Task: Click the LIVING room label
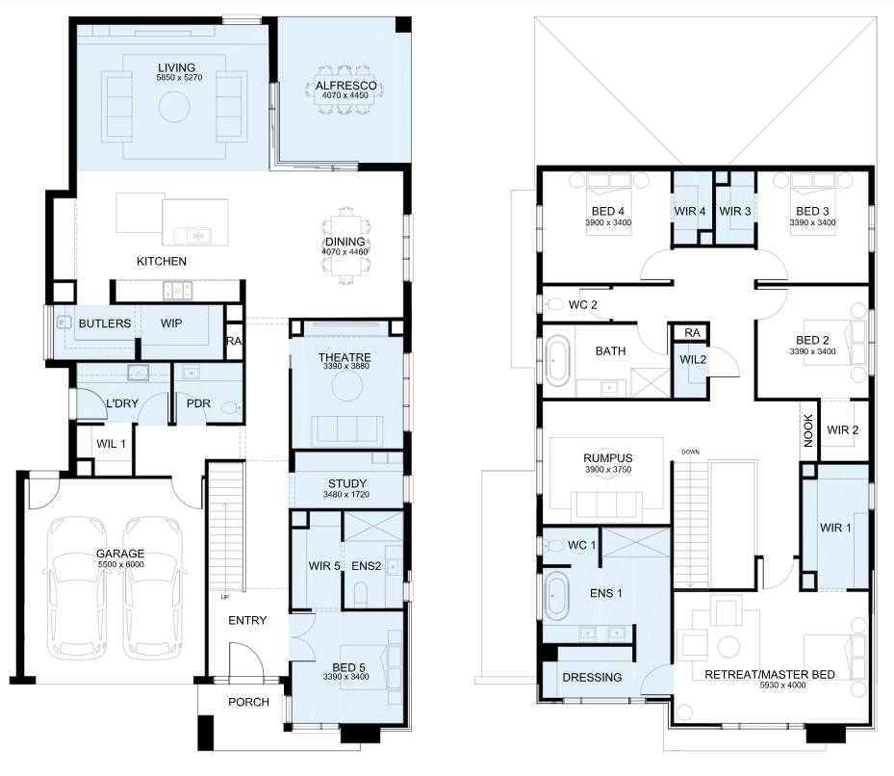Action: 176,68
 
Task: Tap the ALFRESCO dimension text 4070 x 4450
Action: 345,95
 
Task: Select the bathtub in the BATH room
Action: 557,361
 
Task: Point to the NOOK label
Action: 808,430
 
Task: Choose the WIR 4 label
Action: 689,211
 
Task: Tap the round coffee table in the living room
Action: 174,107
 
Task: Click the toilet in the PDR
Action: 232,408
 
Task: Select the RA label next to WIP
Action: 234,341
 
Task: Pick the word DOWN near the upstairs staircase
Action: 690,452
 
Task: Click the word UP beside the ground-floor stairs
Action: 224,597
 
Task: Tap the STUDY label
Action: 346,484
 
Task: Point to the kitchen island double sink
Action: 192,235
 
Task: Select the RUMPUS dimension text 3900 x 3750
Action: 608,470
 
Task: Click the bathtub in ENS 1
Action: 556,597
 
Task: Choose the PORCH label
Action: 248,702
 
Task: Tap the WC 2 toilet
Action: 552,304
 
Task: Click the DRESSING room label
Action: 592,677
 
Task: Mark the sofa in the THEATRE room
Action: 346,429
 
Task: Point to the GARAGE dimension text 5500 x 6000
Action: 120,564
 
